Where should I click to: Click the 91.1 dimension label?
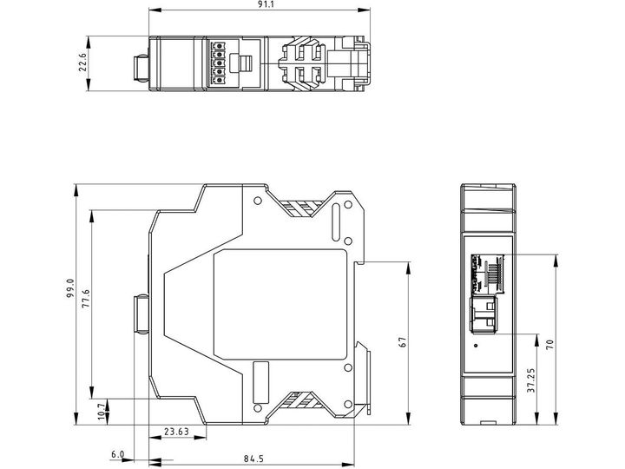260,5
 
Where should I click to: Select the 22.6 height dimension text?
82,63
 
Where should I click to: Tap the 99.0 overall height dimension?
70,288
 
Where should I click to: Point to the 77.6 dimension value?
86,299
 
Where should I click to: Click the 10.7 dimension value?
102,411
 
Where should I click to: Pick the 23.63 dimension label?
176,432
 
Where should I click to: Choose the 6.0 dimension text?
117,454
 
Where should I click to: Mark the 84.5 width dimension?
253,459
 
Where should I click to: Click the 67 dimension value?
403,342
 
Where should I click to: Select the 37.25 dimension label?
531,380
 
